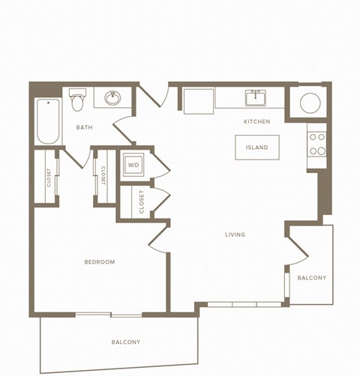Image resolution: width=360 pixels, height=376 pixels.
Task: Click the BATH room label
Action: pos(84,127)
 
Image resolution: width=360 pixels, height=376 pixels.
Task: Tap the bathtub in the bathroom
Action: pos(47,121)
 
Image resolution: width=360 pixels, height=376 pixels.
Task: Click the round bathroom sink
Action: pos(113,98)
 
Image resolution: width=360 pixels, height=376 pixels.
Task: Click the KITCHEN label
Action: pos(256,121)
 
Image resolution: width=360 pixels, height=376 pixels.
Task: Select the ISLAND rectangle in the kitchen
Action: pos(256,148)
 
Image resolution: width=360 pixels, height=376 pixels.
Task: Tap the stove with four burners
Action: pos(317,144)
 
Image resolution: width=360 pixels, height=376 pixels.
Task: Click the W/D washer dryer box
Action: pos(133,165)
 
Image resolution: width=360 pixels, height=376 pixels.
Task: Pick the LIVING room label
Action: pos(235,234)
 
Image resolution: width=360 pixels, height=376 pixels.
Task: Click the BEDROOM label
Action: pos(99,261)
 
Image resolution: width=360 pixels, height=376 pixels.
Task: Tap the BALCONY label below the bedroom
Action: pos(125,342)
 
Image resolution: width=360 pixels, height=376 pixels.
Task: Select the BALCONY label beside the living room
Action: pos(311,278)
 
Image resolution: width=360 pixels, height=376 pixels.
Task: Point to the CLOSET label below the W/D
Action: pos(142,202)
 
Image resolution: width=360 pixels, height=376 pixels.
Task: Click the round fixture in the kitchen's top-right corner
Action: pos(310,103)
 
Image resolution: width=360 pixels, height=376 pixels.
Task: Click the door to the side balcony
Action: pos(295,249)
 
